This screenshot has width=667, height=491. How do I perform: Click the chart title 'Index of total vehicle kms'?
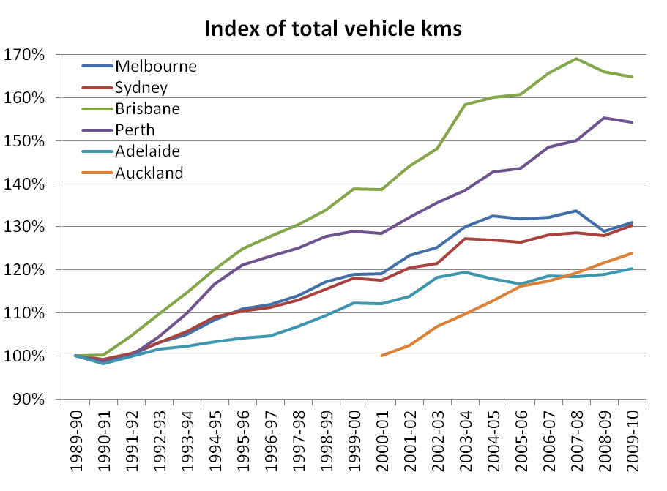(333, 29)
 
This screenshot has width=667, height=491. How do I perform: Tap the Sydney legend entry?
(141, 87)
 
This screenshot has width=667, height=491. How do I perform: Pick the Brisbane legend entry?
(147, 108)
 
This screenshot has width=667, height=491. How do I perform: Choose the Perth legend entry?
(137, 130)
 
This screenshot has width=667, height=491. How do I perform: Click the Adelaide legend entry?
(148, 151)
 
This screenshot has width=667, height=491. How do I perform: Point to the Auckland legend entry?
(149, 173)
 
